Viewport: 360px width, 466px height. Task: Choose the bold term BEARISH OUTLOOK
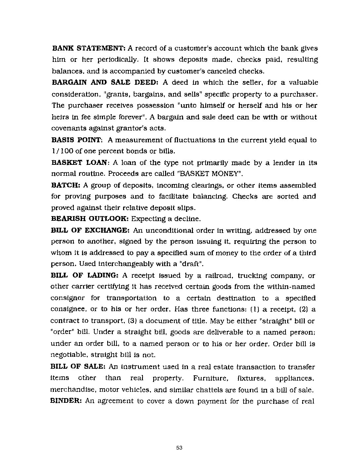point(90,219)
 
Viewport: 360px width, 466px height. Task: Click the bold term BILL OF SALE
point(78,367)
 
